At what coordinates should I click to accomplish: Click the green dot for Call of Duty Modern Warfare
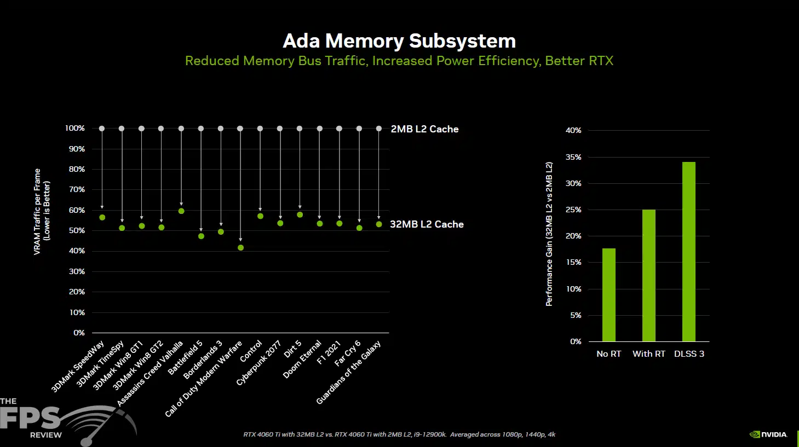[241, 248]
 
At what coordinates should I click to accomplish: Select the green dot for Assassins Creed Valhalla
[181, 211]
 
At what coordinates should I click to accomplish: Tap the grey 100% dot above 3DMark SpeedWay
[102, 129]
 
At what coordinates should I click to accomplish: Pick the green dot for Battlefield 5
[201, 236]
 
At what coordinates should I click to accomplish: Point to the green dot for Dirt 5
[300, 214]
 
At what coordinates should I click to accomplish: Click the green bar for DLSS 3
[689, 252]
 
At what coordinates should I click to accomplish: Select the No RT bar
[609, 295]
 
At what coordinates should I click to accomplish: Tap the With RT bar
[649, 276]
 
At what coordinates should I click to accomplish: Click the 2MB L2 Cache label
[424, 129]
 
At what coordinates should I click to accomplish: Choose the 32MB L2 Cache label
[427, 224]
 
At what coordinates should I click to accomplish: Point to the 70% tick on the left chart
[77, 190]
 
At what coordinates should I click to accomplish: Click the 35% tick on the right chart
[573, 157]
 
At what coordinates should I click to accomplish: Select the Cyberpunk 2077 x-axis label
[258, 363]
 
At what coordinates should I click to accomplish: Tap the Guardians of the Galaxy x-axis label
[348, 373]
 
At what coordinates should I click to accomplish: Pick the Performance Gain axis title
[549, 234]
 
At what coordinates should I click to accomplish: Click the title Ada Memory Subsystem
[399, 40]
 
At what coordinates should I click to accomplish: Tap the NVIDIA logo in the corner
[768, 434]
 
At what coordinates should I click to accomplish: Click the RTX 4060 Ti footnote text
[399, 434]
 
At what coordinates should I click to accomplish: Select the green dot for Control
[260, 216]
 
